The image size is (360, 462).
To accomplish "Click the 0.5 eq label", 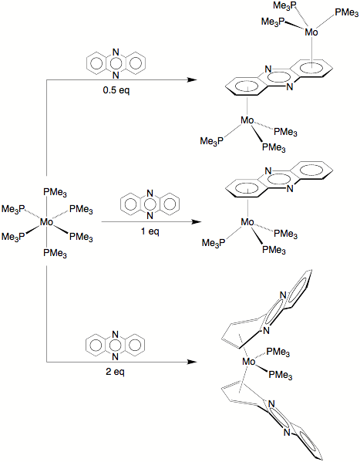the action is [116, 90].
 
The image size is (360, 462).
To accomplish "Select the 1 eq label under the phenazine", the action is [150, 231].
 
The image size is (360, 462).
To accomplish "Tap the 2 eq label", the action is [115, 372].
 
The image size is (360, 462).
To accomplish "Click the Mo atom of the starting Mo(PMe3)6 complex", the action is [46, 222].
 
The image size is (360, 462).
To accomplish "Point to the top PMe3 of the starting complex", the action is [55, 192].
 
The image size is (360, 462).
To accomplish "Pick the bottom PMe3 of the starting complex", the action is [55, 253].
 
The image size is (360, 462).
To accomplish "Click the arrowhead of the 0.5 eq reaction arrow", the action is [192, 79].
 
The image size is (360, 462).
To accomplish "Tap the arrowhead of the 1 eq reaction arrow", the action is [197, 221].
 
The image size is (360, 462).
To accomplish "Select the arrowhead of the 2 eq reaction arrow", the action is [192, 362].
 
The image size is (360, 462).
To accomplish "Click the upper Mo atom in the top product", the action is [311, 32].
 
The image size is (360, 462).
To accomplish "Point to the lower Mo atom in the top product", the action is [247, 120].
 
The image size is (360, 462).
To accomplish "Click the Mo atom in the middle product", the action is [247, 222].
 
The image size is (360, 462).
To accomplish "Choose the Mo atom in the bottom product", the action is [249, 362].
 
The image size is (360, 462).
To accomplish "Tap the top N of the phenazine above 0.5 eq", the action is [116, 52].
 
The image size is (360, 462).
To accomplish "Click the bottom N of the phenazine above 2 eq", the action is [115, 357].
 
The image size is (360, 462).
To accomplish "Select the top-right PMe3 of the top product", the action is [346, 13].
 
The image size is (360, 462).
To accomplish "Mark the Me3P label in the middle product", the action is [214, 243].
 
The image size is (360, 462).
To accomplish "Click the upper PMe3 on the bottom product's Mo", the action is [278, 352].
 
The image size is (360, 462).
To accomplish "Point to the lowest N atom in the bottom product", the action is [287, 432].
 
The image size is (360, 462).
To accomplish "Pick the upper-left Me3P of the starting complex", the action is [13, 209].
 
